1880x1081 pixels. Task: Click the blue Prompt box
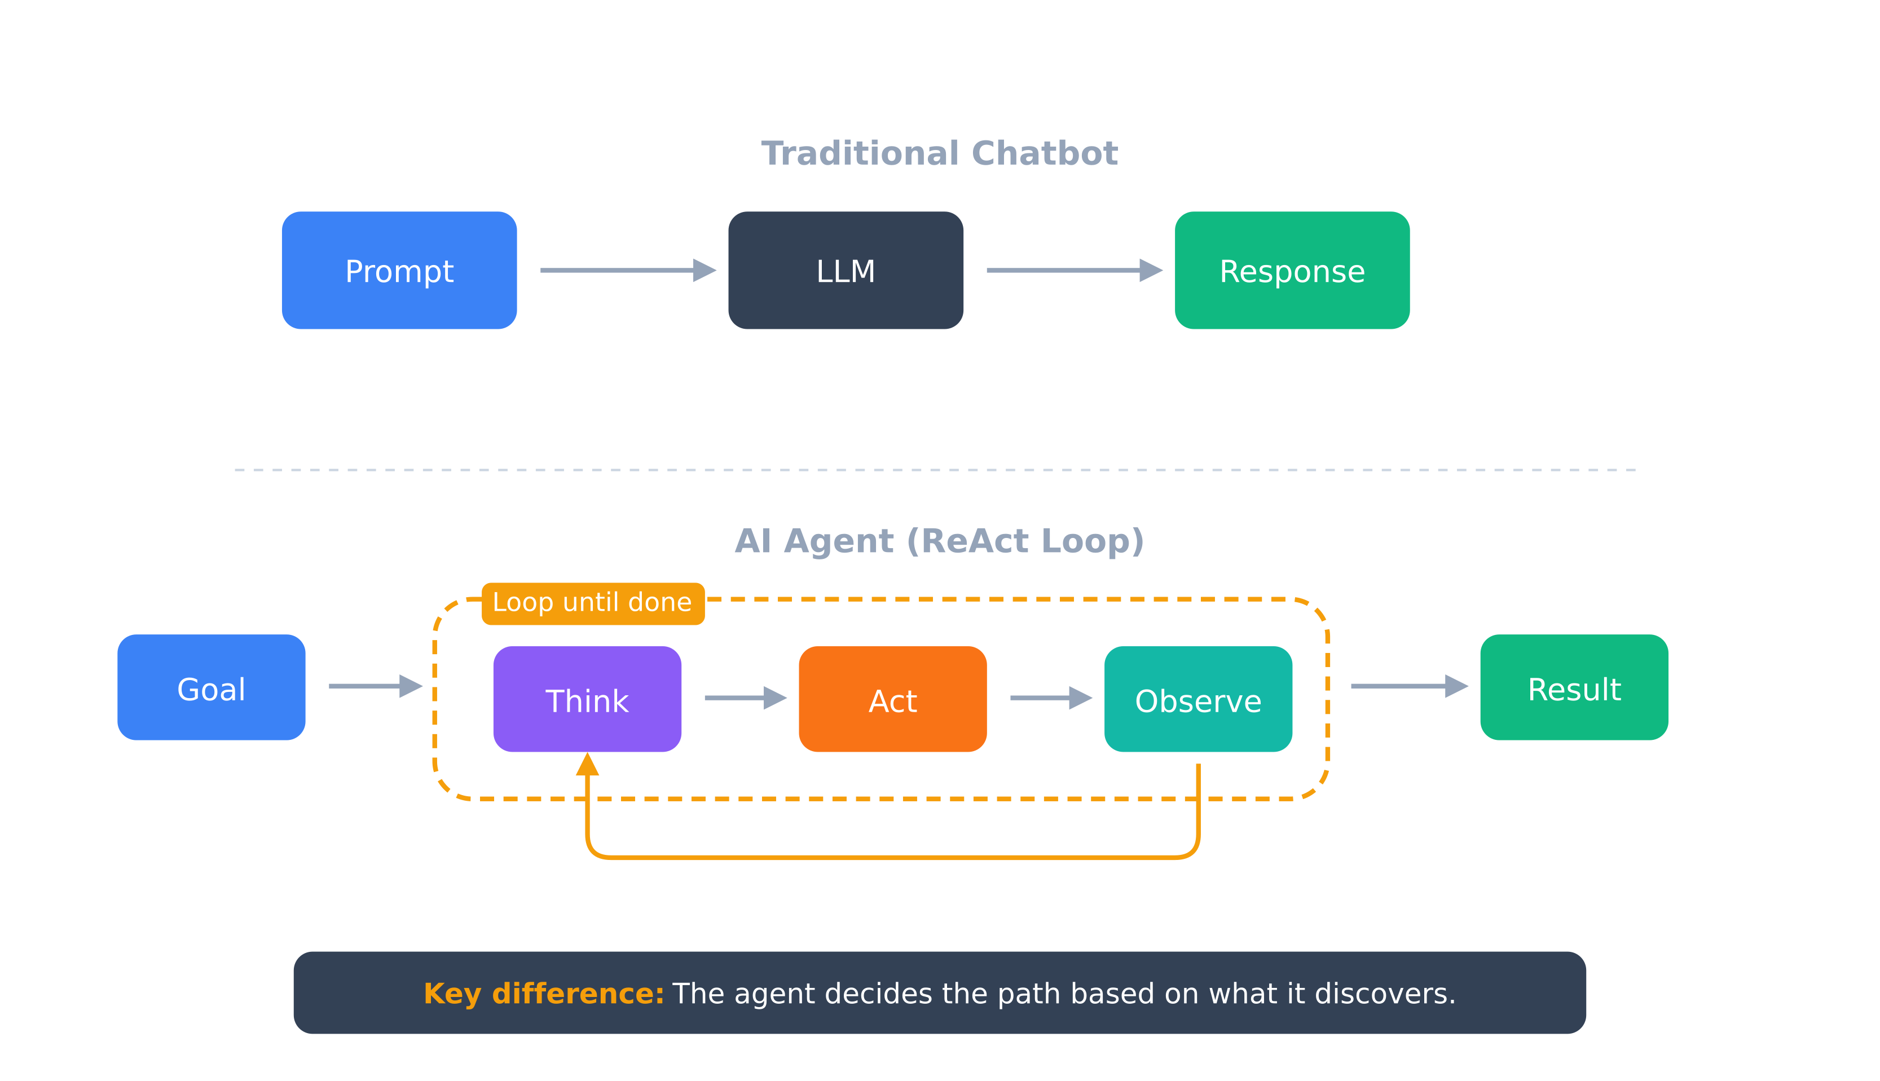tap(399, 270)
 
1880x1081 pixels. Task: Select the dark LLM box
tap(846, 270)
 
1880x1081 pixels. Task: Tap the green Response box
tap(1292, 270)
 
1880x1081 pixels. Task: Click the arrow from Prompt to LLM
tap(627, 270)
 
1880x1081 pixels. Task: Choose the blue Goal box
tap(211, 687)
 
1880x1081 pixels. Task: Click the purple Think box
tap(587, 699)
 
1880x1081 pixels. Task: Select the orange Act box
tap(892, 699)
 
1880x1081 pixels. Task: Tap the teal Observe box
tap(1197, 699)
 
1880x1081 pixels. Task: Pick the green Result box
tap(1574, 687)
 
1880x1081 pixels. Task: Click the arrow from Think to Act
tap(745, 698)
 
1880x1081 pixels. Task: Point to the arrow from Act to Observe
tap(1051, 698)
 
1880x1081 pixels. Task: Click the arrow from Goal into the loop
tap(375, 686)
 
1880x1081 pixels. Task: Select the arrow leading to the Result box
tap(1408, 686)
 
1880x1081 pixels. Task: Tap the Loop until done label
tap(592, 603)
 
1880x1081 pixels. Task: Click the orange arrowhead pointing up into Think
tap(587, 765)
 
